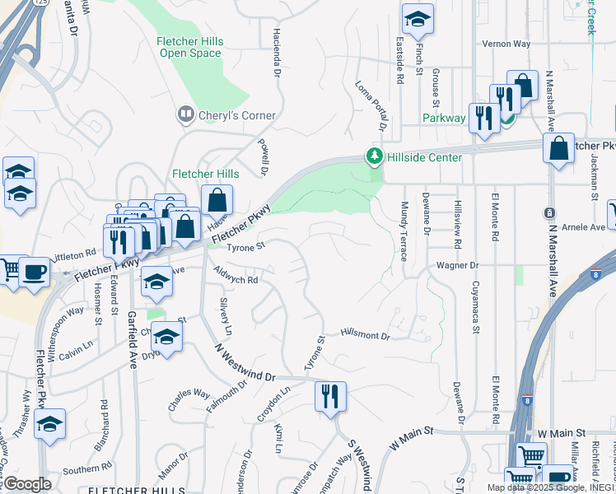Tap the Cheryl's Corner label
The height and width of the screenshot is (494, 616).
236,115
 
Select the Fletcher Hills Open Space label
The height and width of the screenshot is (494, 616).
189,47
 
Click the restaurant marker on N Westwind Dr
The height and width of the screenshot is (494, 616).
330,396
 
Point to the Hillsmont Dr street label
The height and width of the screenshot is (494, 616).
365,336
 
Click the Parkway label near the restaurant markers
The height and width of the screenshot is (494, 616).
443,118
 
